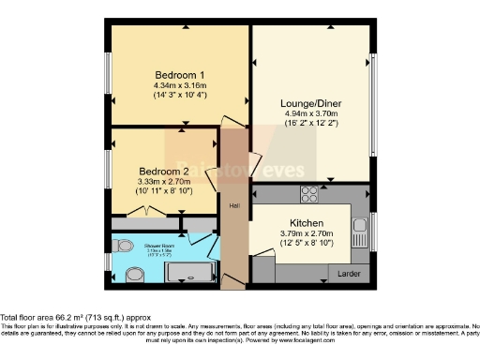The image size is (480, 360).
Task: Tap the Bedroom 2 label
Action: [x=164, y=172]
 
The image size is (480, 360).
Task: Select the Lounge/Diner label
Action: [x=309, y=103]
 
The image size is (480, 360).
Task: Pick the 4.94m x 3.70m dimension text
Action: [x=309, y=116]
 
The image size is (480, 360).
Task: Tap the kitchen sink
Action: [x=360, y=228]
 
